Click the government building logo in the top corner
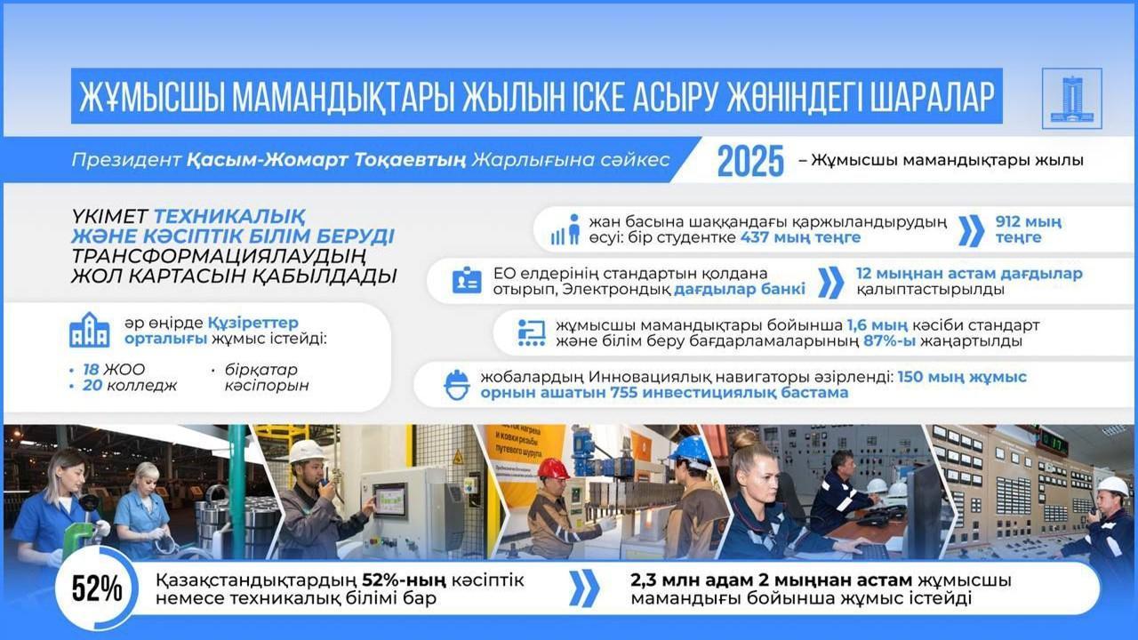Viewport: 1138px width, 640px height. [1071, 98]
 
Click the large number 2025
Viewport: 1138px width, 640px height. [750, 161]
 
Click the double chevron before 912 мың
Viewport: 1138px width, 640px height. [972, 230]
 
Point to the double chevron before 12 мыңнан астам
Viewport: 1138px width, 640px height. [829, 282]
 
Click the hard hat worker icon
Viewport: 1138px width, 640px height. [456, 385]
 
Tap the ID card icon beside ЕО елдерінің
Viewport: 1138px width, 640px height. [466, 281]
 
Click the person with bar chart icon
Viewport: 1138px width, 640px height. [565, 230]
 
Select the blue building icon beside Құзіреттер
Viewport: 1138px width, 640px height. [90, 331]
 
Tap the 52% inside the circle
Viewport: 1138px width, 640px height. [97, 589]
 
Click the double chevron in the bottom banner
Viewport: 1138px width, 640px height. [584, 589]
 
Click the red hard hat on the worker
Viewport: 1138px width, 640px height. [553, 468]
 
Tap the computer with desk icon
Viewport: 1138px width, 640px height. [531, 332]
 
